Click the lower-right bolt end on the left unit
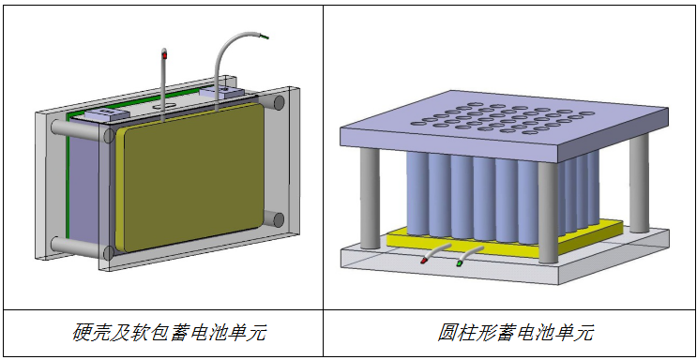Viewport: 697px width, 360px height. (278, 219)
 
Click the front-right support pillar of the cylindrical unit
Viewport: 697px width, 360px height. (549, 216)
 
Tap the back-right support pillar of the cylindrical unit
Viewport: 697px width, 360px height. (638, 183)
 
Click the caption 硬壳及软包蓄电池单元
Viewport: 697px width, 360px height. (161, 333)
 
